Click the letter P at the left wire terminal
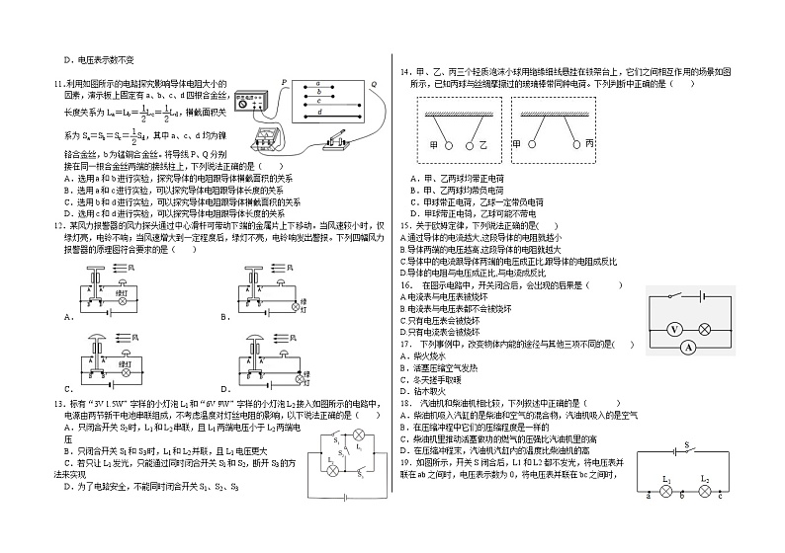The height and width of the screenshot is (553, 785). tap(284, 83)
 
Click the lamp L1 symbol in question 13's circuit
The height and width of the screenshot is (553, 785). tap(360, 435)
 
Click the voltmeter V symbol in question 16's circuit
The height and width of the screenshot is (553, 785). tap(673, 328)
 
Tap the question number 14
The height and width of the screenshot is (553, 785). tap(405, 72)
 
